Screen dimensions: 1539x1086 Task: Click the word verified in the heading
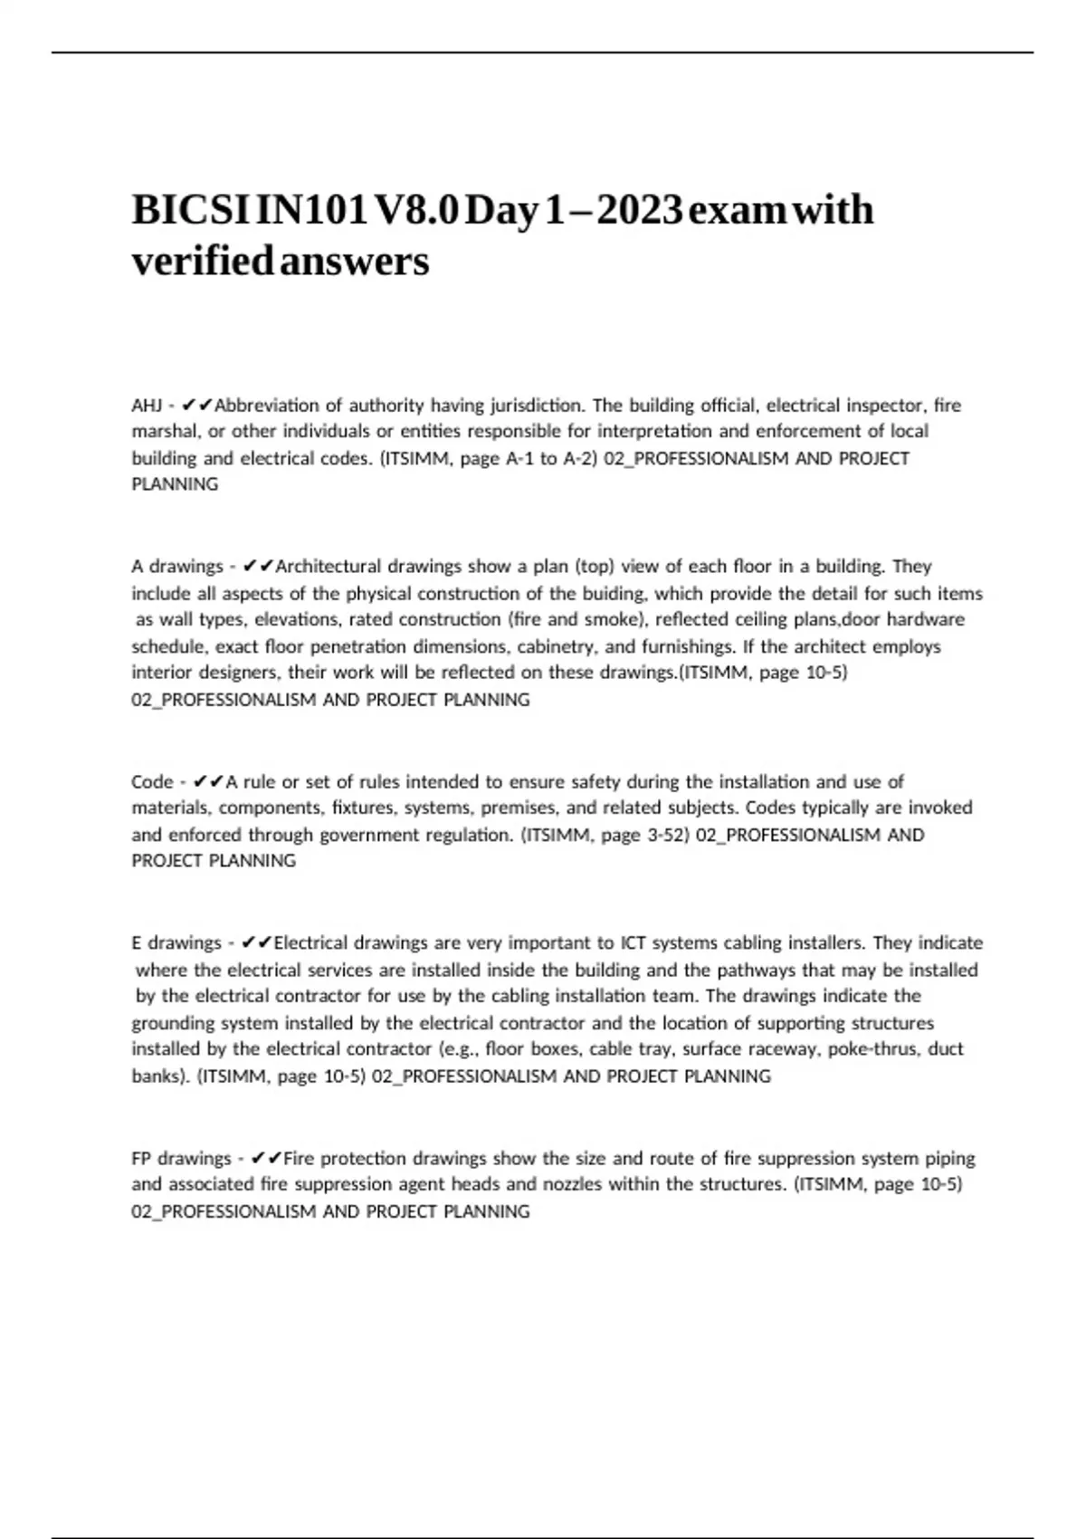[x=202, y=262]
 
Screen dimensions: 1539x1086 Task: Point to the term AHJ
[x=147, y=405]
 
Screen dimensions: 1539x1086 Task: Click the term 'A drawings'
[x=176, y=567]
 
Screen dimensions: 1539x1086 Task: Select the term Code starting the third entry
[x=152, y=781]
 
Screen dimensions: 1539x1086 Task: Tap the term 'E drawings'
[x=176, y=943]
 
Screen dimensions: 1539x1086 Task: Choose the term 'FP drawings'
[x=181, y=1159]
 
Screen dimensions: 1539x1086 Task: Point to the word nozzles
[x=571, y=1184]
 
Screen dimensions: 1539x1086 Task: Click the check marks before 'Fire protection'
[x=266, y=1159]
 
